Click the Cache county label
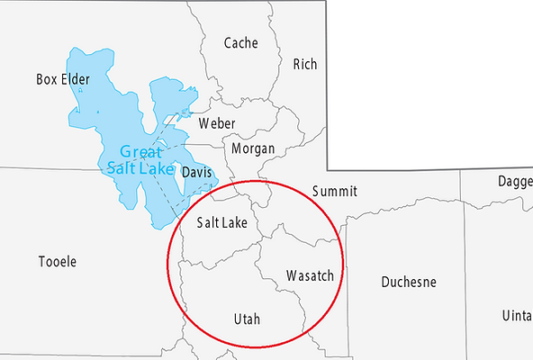coord(240,42)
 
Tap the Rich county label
coord(305,64)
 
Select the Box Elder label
coord(63,79)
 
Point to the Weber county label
coord(217,123)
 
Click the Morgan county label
coord(253,148)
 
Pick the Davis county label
coord(196,172)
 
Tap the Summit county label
coord(334,192)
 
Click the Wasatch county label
coord(310,274)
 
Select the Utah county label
coord(247,319)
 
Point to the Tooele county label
coord(58,262)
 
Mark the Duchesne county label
coord(408,282)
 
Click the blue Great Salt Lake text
coord(140,159)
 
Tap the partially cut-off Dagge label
coord(514,183)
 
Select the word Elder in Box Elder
coord(76,79)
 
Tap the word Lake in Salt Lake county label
coord(236,222)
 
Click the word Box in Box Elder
coord(47,79)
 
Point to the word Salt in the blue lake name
coord(122,167)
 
